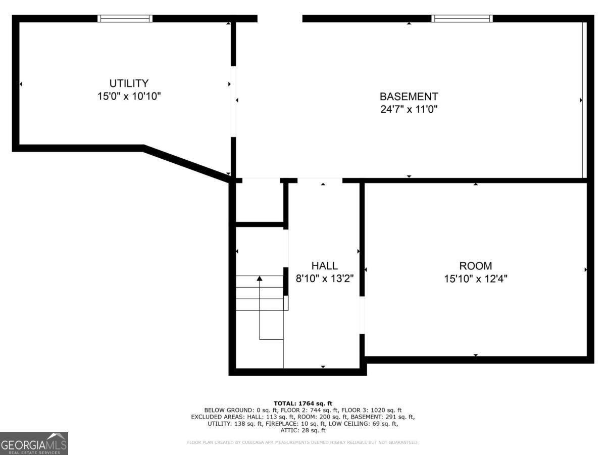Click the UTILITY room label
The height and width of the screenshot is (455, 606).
click(129, 83)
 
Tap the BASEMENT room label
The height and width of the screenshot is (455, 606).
click(409, 97)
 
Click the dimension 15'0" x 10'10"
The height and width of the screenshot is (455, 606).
click(129, 96)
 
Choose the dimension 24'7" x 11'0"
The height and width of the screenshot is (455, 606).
click(409, 109)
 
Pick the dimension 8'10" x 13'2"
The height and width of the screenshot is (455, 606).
click(324, 278)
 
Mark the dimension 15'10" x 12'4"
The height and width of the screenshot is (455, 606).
click(475, 278)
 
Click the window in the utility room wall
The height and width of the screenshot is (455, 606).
click(125, 19)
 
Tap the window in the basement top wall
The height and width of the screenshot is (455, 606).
click(462, 19)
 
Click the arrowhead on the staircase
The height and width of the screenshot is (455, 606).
click(260, 278)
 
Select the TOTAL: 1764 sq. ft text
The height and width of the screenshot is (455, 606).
click(302, 403)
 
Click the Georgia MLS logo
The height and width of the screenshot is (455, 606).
click(34, 443)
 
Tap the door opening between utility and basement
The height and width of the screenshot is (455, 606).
click(233, 101)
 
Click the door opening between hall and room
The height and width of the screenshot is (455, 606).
click(362, 314)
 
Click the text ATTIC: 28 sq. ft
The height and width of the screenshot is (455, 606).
click(302, 431)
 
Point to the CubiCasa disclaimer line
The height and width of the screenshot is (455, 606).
click(302, 443)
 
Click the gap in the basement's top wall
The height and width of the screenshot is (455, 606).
click(280, 19)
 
